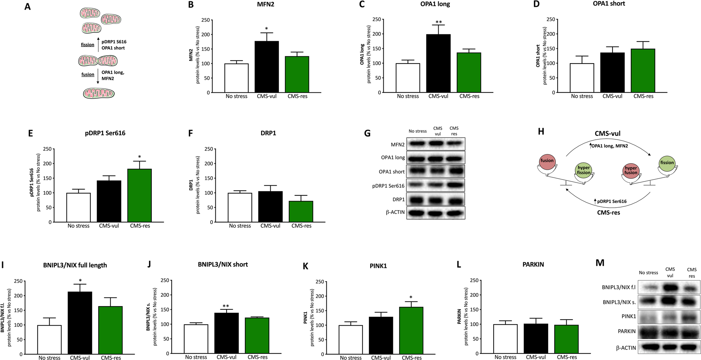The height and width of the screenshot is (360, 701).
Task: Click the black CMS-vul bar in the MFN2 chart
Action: (x=267, y=67)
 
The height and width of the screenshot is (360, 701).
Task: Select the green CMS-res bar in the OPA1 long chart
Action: (x=469, y=73)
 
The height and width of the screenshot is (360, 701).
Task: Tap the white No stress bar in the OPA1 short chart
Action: (x=582, y=78)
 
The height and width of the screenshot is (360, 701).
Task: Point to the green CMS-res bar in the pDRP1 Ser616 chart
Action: (x=140, y=195)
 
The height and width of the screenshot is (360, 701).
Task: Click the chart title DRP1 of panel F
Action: (x=268, y=133)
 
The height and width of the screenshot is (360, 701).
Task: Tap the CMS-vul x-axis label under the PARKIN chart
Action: (x=536, y=357)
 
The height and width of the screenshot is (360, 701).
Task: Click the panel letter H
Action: (x=541, y=131)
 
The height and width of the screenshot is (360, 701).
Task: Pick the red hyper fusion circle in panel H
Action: (x=631, y=170)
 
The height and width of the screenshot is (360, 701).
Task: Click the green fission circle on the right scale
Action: (x=667, y=162)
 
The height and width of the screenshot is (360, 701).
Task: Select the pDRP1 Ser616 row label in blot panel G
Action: (x=388, y=186)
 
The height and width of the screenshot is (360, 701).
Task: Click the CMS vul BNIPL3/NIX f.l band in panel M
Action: (x=670, y=287)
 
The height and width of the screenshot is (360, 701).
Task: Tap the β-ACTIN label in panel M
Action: (x=626, y=348)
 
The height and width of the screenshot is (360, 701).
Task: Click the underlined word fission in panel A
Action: (x=87, y=45)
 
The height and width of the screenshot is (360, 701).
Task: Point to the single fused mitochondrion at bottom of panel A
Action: (x=99, y=94)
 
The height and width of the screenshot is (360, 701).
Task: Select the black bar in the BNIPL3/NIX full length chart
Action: (x=80, y=323)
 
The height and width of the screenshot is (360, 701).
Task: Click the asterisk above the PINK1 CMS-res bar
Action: (x=411, y=298)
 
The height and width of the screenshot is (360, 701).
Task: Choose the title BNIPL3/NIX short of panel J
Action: (x=223, y=265)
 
